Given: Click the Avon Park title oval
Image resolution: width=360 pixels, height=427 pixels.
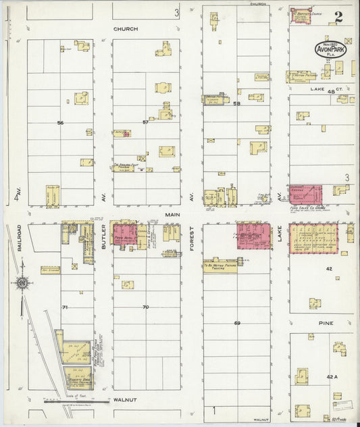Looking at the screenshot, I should (331, 49).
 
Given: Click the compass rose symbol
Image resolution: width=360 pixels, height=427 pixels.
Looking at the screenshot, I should (22, 282).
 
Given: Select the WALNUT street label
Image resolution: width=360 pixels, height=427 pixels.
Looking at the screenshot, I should (125, 400).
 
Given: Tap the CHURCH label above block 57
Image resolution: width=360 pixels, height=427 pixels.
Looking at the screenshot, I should (126, 29).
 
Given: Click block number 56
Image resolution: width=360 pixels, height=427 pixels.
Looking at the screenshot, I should (60, 122).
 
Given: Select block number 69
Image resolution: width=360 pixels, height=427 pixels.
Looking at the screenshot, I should (237, 323).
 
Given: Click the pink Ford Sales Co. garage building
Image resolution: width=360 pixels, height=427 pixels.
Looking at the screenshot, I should (306, 194).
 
